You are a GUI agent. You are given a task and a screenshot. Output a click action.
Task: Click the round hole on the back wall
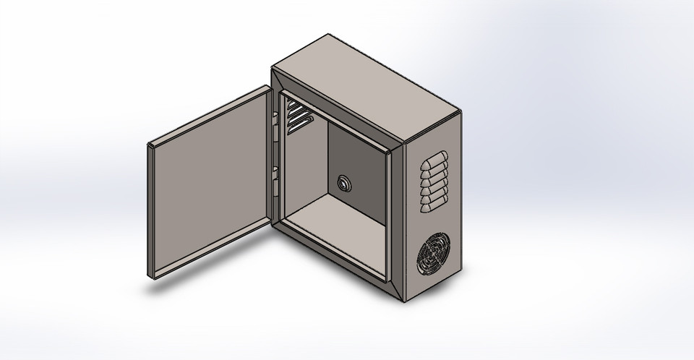pyautogui.click(x=343, y=184)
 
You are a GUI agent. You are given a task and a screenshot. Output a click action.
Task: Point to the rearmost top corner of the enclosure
pyautogui.click(x=327, y=33)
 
